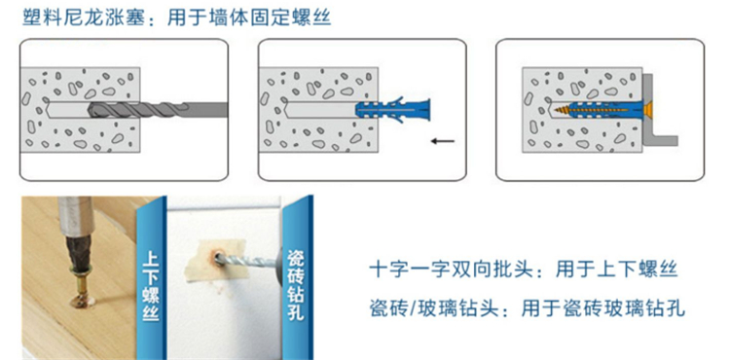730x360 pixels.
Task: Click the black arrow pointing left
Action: [x=442, y=140]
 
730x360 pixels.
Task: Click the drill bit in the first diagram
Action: [x=158, y=110]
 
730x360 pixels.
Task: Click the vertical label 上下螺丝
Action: [x=151, y=285]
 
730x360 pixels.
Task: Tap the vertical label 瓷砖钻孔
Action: [x=296, y=285]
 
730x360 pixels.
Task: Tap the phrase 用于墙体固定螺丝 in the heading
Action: [x=249, y=18]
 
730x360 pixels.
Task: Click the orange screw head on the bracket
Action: [x=647, y=110]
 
